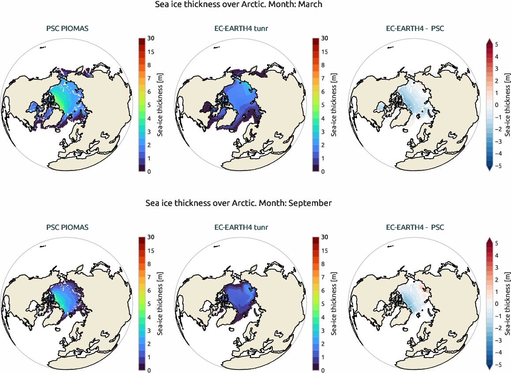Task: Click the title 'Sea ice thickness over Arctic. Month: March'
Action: tap(239, 4)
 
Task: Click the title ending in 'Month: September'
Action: tap(239, 203)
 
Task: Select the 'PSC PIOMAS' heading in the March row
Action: tap(67, 29)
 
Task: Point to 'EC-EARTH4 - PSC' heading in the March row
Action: tap(415, 29)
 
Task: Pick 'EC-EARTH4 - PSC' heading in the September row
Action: tap(415, 228)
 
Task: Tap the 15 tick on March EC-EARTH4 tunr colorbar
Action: tap(324, 52)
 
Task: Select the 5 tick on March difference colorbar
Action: tap(496, 45)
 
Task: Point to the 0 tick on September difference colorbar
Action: tap(496, 304)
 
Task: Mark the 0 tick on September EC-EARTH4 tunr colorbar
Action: tap(324, 370)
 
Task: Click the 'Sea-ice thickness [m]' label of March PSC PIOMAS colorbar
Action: tap(162, 105)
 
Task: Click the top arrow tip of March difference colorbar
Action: tap(489, 39)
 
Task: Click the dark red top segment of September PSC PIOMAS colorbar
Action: tap(142, 240)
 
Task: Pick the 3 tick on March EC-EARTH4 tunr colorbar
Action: tap(324, 131)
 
